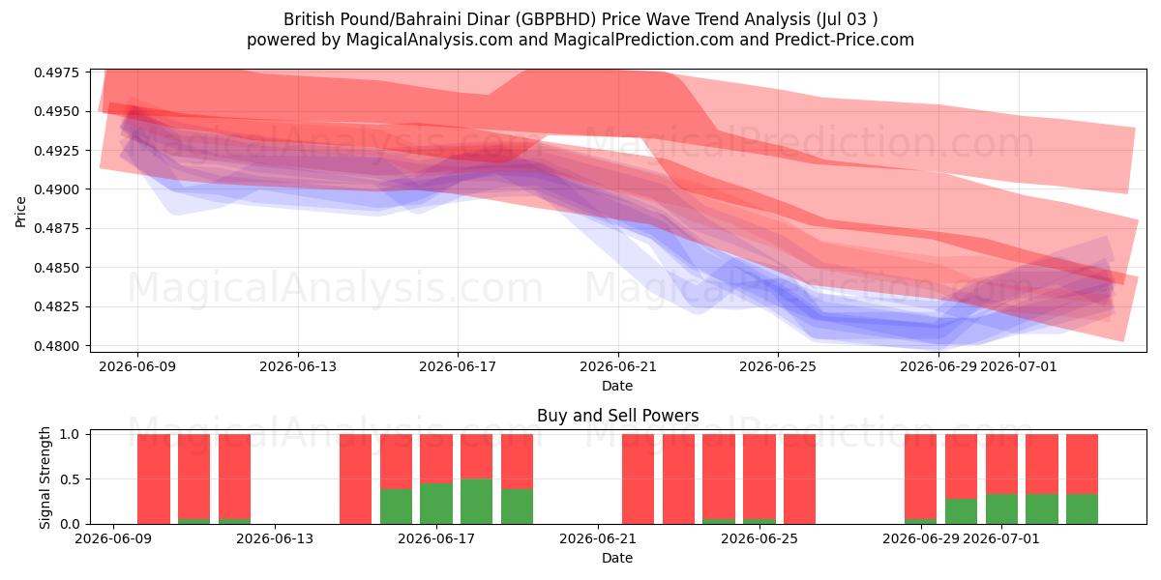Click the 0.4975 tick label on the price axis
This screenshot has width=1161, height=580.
[x=56, y=72]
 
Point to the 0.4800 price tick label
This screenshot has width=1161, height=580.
[x=56, y=346]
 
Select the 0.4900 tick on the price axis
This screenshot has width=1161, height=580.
[x=56, y=189]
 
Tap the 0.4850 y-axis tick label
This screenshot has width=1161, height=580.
[x=56, y=268]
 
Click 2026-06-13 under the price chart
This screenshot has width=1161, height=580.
[x=298, y=366]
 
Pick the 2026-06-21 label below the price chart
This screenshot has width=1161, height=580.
[x=618, y=366]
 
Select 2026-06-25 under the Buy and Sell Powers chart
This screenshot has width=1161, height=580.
[x=759, y=538]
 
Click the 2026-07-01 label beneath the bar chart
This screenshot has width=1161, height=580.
[x=1000, y=538]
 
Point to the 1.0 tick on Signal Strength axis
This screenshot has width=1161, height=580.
[x=70, y=434]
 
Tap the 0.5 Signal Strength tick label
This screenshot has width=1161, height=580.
[x=70, y=479]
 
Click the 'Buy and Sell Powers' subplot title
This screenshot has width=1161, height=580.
[x=618, y=416]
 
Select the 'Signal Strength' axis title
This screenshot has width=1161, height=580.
[x=45, y=478]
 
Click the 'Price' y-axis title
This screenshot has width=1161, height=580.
[x=20, y=212]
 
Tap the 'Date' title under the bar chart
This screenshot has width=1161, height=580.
[x=617, y=558]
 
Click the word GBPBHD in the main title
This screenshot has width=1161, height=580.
[x=556, y=19]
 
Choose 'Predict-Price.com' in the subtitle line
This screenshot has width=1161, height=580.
[x=845, y=40]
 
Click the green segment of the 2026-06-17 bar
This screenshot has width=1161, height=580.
[x=436, y=504]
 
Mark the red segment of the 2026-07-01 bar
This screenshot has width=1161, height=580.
[x=1001, y=464]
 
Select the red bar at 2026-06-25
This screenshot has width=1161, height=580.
[x=759, y=477]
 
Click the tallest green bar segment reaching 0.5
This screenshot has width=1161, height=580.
[x=476, y=502]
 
